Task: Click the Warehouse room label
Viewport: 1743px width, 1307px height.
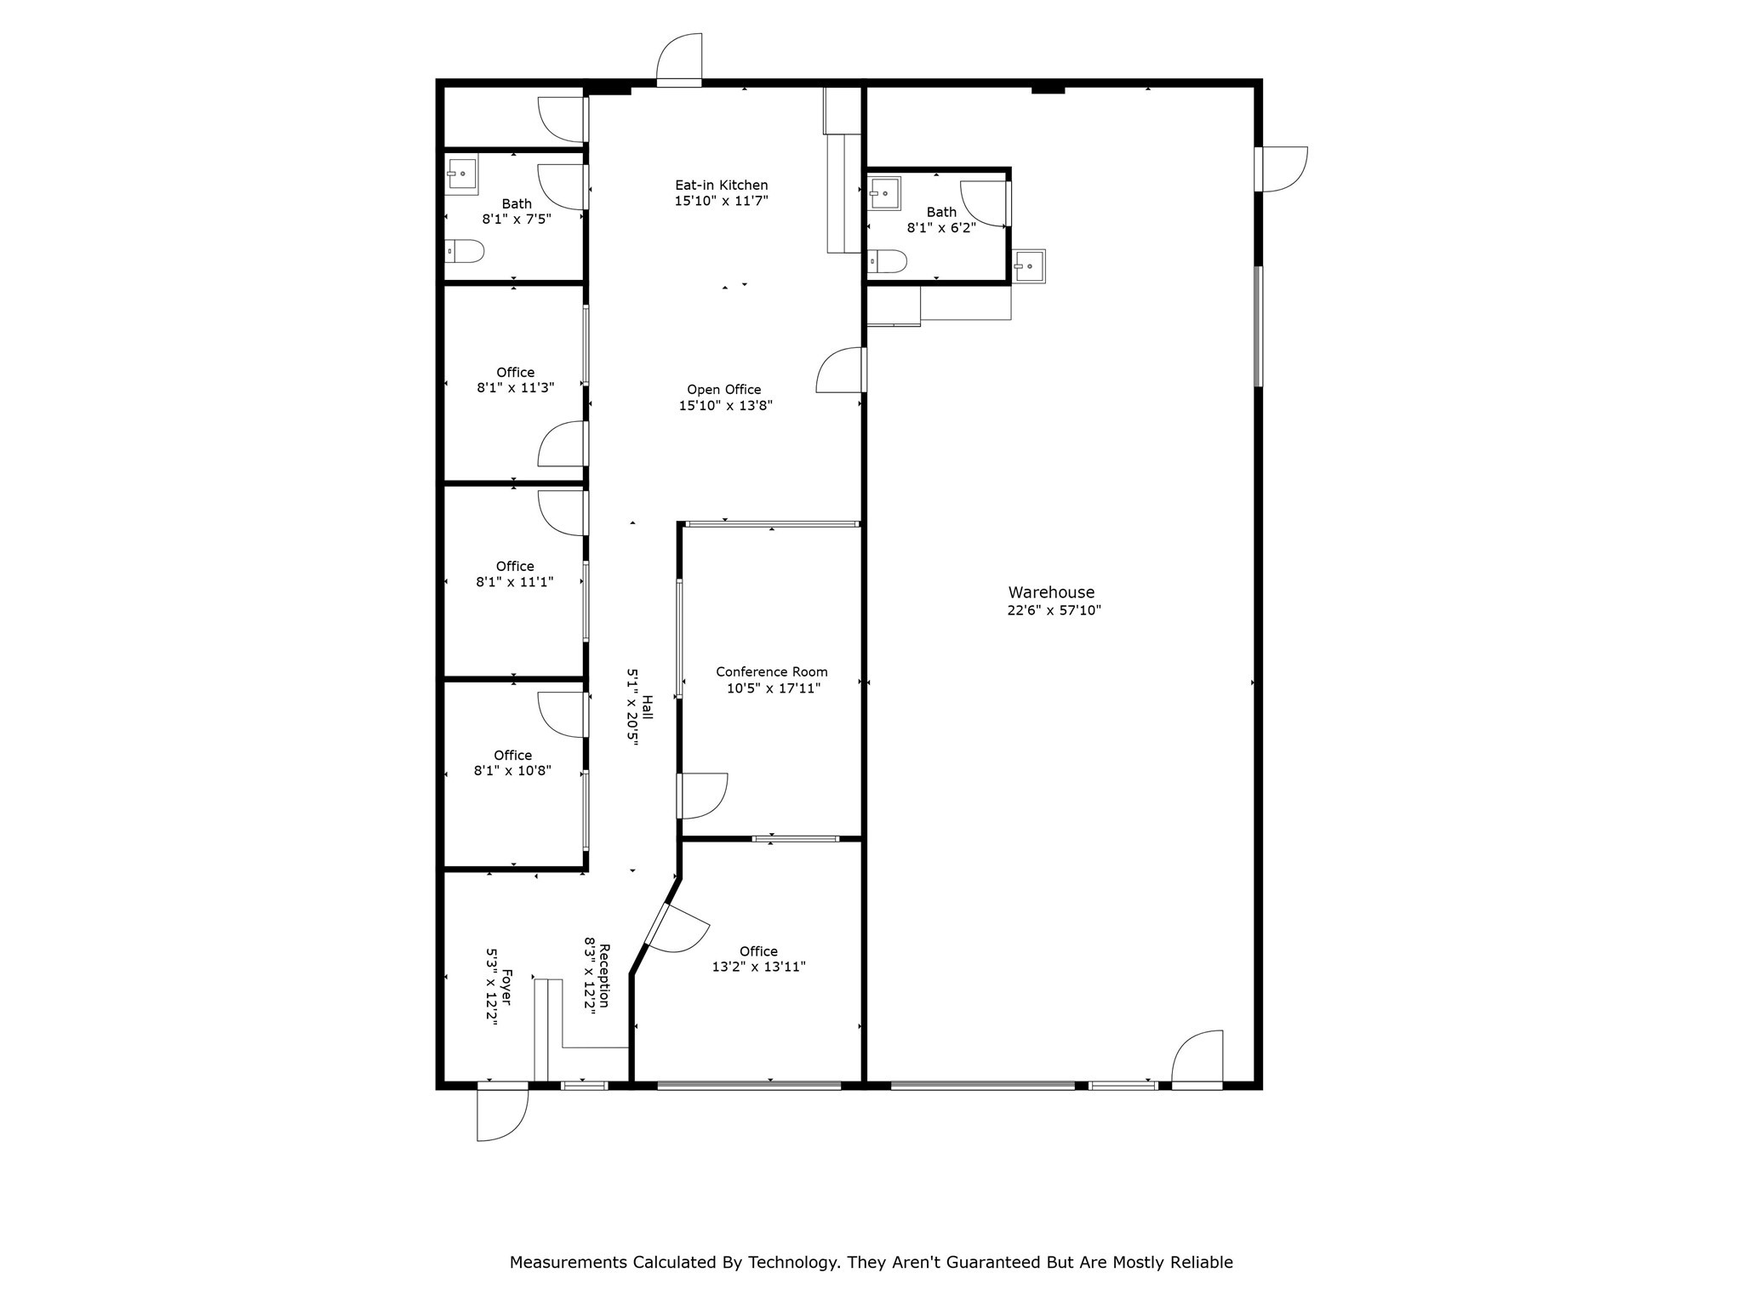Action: [x=1051, y=592]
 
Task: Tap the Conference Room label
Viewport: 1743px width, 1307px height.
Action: [x=771, y=671]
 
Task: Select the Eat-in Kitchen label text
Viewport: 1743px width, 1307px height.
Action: [x=721, y=185]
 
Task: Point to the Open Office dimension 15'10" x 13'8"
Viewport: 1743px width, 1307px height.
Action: [x=725, y=406]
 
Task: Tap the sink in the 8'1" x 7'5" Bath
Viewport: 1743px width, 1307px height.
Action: [x=461, y=174]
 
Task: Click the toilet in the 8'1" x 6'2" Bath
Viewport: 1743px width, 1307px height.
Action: [x=887, y=261]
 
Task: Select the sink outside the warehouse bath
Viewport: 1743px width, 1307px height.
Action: [x=1029, y=266]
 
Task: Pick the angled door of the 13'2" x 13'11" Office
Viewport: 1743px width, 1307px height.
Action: [x=677, y=928]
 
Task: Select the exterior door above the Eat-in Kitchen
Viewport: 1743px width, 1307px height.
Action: [x=680, y=60]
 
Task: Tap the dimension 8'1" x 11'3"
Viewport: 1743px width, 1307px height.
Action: [x=515, y=388]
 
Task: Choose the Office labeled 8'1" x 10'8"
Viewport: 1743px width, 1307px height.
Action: [x=512, y=762]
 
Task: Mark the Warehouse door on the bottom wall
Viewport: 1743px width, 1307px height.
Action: [x=1197, y=1059]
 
